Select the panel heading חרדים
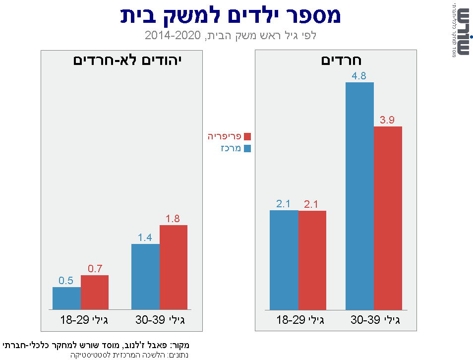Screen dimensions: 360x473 tap(342, 61)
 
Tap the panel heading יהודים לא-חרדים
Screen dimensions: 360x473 tap(128, 61)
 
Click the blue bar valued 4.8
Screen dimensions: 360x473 tap(359, 196)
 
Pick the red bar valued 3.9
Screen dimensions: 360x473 tap(388, 218)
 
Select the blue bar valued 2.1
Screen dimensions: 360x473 tap(284, 260)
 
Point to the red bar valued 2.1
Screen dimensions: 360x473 tap(312, 260)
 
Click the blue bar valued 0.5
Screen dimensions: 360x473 tap(66, 298)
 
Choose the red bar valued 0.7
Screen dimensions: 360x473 tap(95, 292)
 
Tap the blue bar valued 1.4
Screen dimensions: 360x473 tap(145, 277)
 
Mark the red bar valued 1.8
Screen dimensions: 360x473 tap(174, 267)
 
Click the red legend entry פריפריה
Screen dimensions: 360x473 tap(229, 136)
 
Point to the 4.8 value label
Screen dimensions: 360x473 tap(359, 76)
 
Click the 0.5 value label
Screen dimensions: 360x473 tap(66, 281)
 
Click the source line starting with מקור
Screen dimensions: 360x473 tap(97, 345)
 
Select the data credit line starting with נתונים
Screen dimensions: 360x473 tap(129, 355)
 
